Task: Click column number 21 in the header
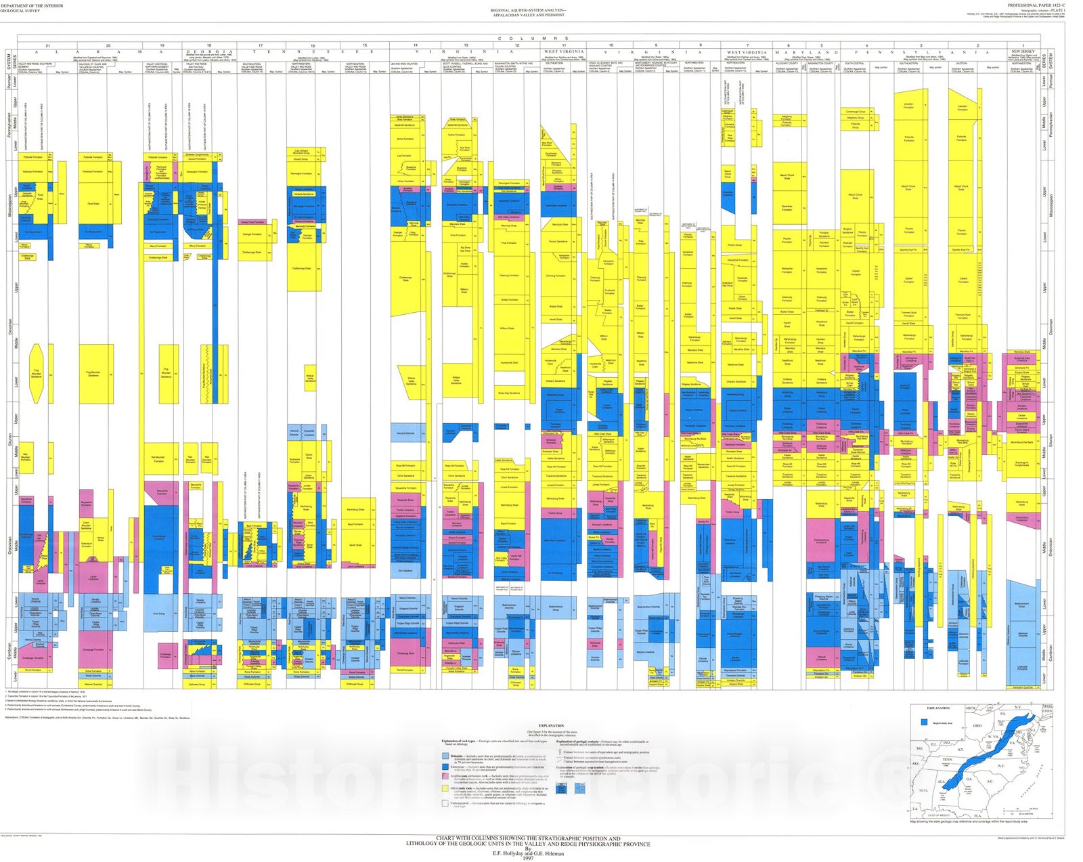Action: pyautogui.click(x=47, y=45)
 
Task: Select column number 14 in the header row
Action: pyautogui.click(x=416, y=45)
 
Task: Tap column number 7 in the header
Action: pyautogui.click(x=747, y=45)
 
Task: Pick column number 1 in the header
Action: pyautogui.click(x=1023, y=45)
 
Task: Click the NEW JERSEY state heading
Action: pyautogui.click(x=1023, y=51)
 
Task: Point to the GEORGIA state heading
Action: pyautogui.click(x=209, y=51)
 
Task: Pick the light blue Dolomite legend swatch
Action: pyautogui.click(x=445, y=756)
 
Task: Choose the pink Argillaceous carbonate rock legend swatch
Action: pyautogui.click(x=445, y=775)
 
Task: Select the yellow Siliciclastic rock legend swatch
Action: pyautogui.click(x=445, y=790)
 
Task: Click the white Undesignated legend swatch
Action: pyautogui.click(x=445, y=804)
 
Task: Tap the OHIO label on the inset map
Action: pyautogui.click(x=977, y=726)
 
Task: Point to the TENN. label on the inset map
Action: pyautogui.click(x=948, y=760)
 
